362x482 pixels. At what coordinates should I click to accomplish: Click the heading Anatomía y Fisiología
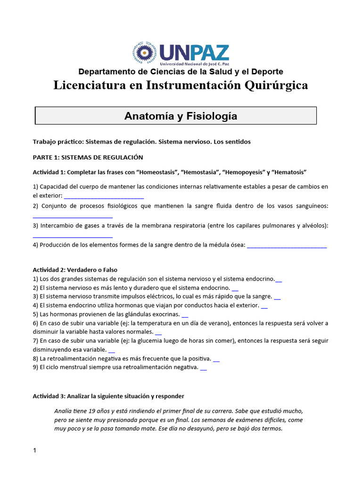point(181,116)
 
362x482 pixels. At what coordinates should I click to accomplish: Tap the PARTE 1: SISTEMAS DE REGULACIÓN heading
point(88,157)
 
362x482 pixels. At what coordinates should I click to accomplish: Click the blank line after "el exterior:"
point(104,195)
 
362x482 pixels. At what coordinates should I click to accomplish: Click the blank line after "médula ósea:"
point(287,245)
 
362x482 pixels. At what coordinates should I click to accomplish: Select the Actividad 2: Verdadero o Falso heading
point(74,270)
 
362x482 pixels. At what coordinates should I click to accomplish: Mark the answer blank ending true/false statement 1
point(279,279)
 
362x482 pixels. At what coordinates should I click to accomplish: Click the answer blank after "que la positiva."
point(216,359)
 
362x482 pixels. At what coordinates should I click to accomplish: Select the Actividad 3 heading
point(108,396)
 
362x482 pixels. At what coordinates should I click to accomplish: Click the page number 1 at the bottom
point(34,450)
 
